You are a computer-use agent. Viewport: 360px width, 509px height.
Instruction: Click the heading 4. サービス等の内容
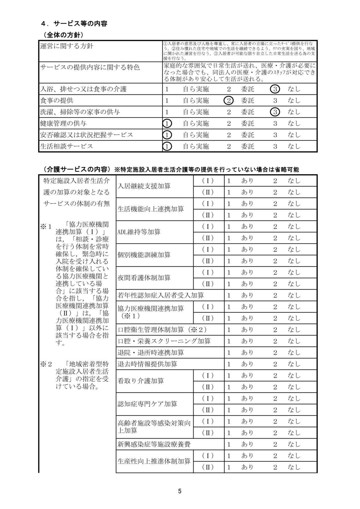pos(74,24)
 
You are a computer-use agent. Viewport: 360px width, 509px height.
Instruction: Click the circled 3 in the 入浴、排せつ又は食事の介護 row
pos(275,89)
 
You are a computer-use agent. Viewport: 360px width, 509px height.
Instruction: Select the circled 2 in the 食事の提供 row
pos(229,101)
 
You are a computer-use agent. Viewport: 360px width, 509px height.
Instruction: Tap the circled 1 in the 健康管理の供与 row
pos(167,123)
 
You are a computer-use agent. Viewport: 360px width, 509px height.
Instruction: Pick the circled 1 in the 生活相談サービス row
pos(167,146)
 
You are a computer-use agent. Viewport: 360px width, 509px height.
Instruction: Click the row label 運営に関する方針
pos(66,46)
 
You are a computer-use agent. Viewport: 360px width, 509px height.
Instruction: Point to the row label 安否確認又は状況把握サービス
pos(86,135)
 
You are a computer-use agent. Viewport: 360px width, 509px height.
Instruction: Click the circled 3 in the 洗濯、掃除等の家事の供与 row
pos(275,112)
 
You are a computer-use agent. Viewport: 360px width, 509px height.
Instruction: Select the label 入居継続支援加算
pos(144,186)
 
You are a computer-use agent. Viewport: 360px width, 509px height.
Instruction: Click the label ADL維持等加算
pos(139,232)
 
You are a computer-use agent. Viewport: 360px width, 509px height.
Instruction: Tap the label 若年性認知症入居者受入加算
pos(161,295)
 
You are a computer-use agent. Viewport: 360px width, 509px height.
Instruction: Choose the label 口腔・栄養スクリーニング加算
pos(164,341)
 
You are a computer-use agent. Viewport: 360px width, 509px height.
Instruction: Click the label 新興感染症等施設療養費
pos(154,444)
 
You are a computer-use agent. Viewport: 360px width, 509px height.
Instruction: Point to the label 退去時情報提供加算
pos(147,364)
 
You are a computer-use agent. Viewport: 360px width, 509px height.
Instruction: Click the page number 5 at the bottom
pos(180,491)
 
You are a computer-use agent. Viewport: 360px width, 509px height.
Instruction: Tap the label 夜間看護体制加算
pos(144,278)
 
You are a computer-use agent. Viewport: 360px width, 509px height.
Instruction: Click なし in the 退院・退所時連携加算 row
pos(294,353)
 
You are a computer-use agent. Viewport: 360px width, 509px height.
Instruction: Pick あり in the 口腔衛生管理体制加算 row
pos(247,330)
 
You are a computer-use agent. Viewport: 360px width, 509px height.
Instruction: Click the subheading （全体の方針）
pos(63,35)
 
